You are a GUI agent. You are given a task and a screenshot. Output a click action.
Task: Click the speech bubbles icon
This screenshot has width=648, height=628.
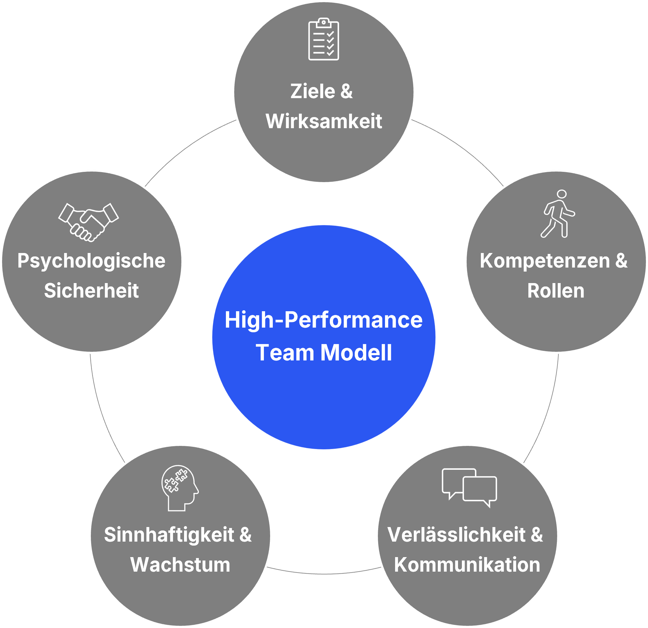pos(469,488)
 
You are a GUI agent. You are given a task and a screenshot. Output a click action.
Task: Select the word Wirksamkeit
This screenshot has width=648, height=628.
pos(324,121)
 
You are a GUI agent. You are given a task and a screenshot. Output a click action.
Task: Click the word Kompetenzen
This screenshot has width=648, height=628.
pos(544,261)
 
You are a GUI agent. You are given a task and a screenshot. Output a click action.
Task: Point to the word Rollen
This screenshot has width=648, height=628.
pos(556,291)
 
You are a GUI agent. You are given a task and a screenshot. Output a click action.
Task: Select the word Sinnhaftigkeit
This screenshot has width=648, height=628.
pos(169,535)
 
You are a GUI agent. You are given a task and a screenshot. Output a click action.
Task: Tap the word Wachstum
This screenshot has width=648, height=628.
pos(180,564)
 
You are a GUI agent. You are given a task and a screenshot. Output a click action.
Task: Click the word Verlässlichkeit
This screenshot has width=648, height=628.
pos(456,535)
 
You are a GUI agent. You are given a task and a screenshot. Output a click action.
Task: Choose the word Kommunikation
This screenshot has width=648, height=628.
pos(467,564)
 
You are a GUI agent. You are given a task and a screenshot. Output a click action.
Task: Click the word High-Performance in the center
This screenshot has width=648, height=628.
pos(323,320)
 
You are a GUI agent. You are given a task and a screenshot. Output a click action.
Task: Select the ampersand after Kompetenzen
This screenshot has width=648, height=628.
pos(621,261)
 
